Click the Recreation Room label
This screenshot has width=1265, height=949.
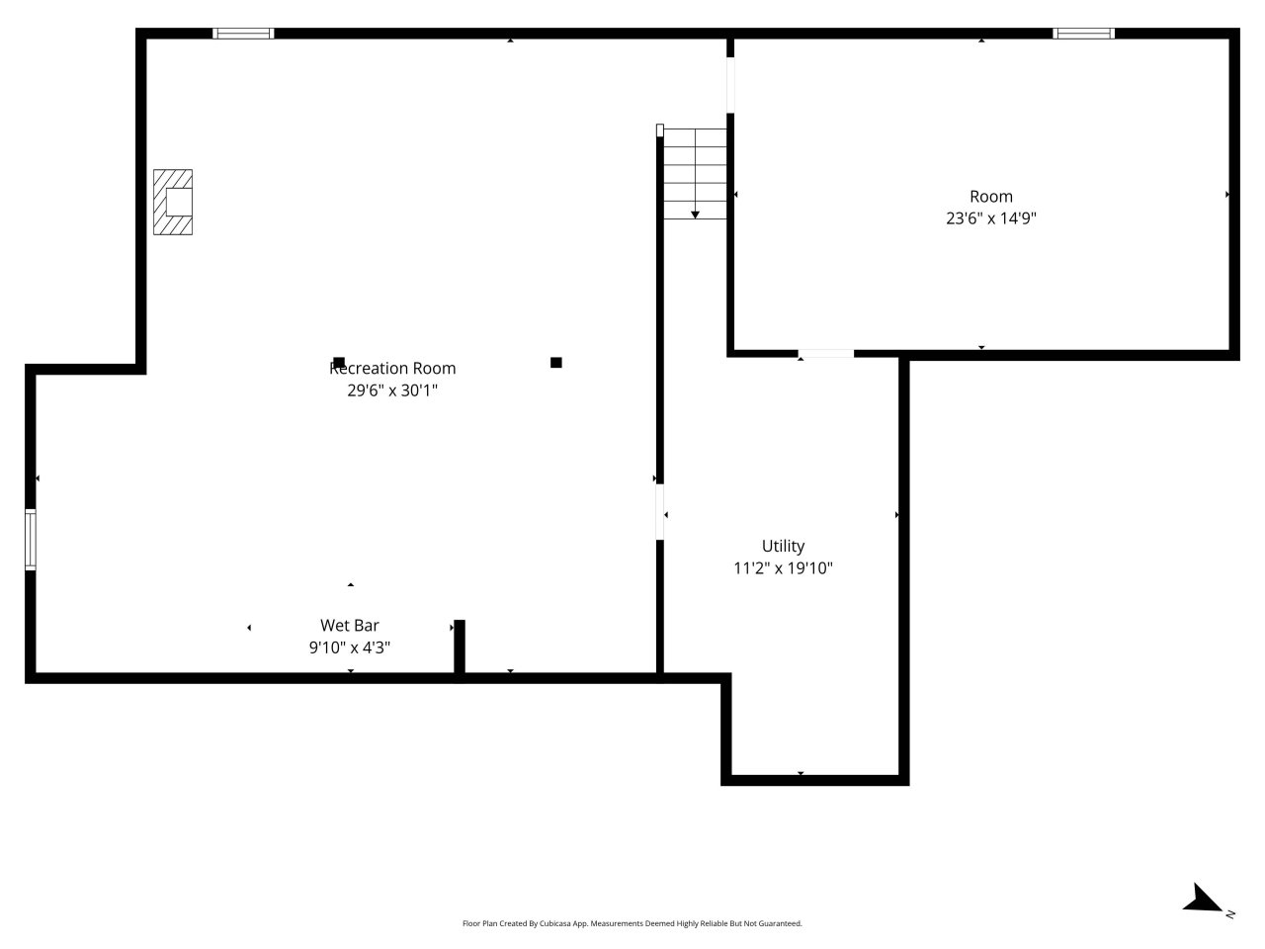pyautogui.click(x=392, y=368)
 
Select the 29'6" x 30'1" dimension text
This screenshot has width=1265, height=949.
pyautogui.click(x=392, y=390)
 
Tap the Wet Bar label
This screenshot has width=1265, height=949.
pyautogui.click(x=350, y=625)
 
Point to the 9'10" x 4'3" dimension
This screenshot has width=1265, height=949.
pyautogui.click(x=350, y=647)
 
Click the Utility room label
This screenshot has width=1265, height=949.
pyautogui.click(x=783, y=546)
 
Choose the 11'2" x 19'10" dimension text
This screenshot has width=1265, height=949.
pyautogui.click(x=783, y=568)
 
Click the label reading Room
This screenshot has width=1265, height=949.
pyautogui.click(x=990, y=197)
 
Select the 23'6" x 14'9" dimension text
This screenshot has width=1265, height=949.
pyautogui.click(x=990, y=218)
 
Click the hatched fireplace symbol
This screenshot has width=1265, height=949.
pyautogui.click(x=173, y=202)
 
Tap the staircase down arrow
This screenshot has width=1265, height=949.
pyautogui.click(x=695, y=214)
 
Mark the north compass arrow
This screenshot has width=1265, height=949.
pyautogui.click(x=1204, y=900)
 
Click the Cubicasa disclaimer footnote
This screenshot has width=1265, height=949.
pyautogui.click(x=632, y=923)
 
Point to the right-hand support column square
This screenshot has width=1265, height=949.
pyautogui.click(x=556, y=363)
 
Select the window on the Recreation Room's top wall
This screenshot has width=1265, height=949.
pyautogui.click(x=243, y=34)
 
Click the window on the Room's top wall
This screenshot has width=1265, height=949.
pyautogui.click(x=1083, y=34)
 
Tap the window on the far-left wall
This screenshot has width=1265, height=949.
pyautogui.click(x=31, y=540)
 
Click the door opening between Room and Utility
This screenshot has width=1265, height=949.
pyautogui.click(x=825, y=353)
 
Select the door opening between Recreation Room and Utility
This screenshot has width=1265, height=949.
pyautogui.click(x=660, y=512)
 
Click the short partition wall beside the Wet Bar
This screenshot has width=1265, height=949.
pyautogui.click(x=460, y=647)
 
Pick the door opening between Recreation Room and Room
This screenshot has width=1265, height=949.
pyautogui.click(x=730, y=85)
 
